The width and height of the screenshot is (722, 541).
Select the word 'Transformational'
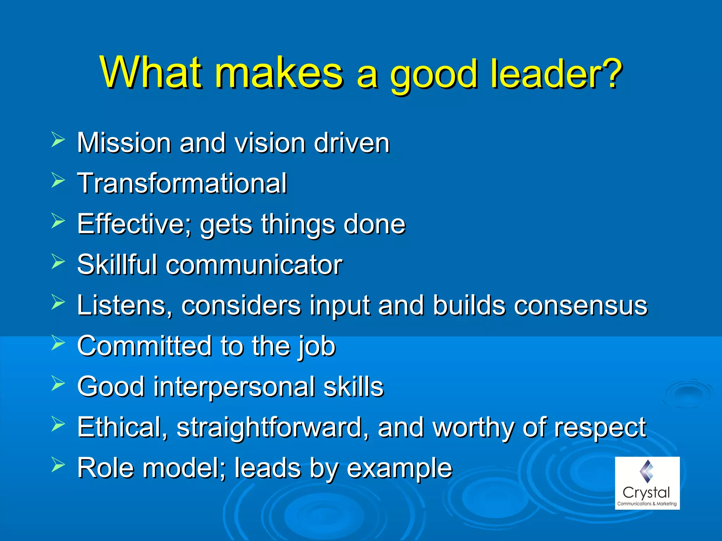coord(182,184)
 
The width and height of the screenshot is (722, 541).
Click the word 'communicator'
coord(254,265)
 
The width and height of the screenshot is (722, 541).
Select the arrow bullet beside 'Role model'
coord(58,465)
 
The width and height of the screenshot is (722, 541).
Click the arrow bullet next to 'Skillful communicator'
coord(58,261)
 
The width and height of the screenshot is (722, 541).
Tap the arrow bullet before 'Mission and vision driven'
coord(58,139)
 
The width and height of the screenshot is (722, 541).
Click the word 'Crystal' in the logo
coord(646,493)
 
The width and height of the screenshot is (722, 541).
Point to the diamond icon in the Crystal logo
coord(647,471)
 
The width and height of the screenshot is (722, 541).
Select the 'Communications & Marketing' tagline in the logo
coord(647,504)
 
